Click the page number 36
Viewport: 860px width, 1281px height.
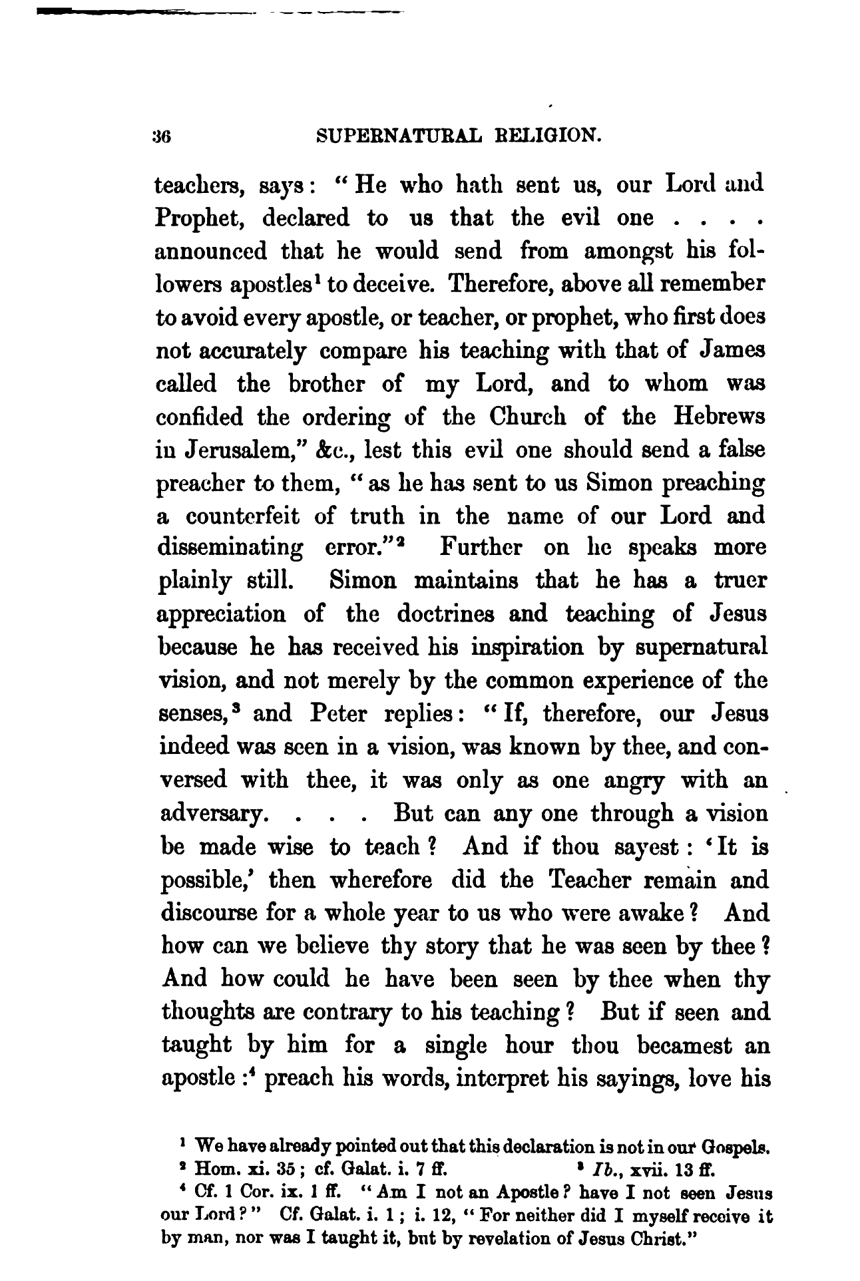pos(162,136)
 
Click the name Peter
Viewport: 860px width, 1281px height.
pos(338,714)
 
